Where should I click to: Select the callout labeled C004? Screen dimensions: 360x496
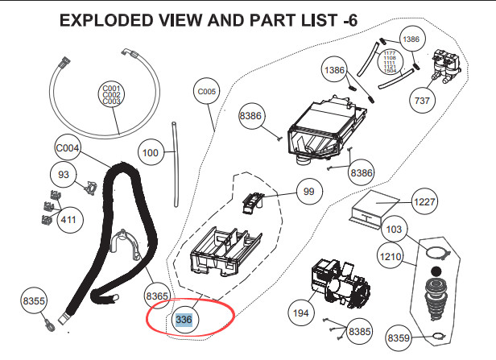coord(68,148)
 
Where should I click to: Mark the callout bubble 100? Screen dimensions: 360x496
coord(150,151)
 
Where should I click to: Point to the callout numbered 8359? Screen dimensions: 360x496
coord(399,337)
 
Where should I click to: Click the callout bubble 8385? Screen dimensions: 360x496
coord(361,330)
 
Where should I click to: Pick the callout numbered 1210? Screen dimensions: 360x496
coord(391,259)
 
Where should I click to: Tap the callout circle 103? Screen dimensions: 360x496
coord(394,230)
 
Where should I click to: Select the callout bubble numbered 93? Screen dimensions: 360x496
coord(64,173)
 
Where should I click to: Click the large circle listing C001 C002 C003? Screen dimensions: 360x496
coord(111,94)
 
